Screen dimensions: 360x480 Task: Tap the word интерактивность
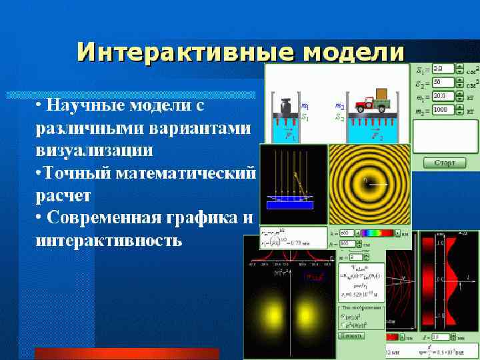point(108,240)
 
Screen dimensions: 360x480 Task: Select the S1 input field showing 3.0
point(443,69)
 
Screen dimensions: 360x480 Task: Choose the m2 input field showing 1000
point(443,109)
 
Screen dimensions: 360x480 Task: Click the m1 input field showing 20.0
point(443,96)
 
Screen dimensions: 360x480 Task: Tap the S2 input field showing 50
point(443,83)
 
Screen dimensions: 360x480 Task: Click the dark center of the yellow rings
point(365,181)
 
